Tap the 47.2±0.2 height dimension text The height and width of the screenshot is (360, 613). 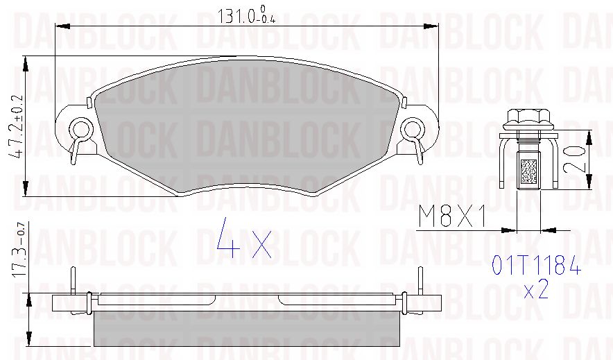pyautogui.click(x=17, y=126)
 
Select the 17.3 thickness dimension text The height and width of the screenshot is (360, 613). pyautogui.click(x=19, y=250)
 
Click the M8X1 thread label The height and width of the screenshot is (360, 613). pyautogui.click(x=452, y=216)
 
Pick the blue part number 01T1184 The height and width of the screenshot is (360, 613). pyautogui.click(x=536, y=265)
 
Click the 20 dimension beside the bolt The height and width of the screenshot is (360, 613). pyautogui.click(x=574, y=160)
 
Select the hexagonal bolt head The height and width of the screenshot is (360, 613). pyautogui.click(x=528, y=116)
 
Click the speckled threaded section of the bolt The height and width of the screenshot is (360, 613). pyautogui.click(x=528, y=171)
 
